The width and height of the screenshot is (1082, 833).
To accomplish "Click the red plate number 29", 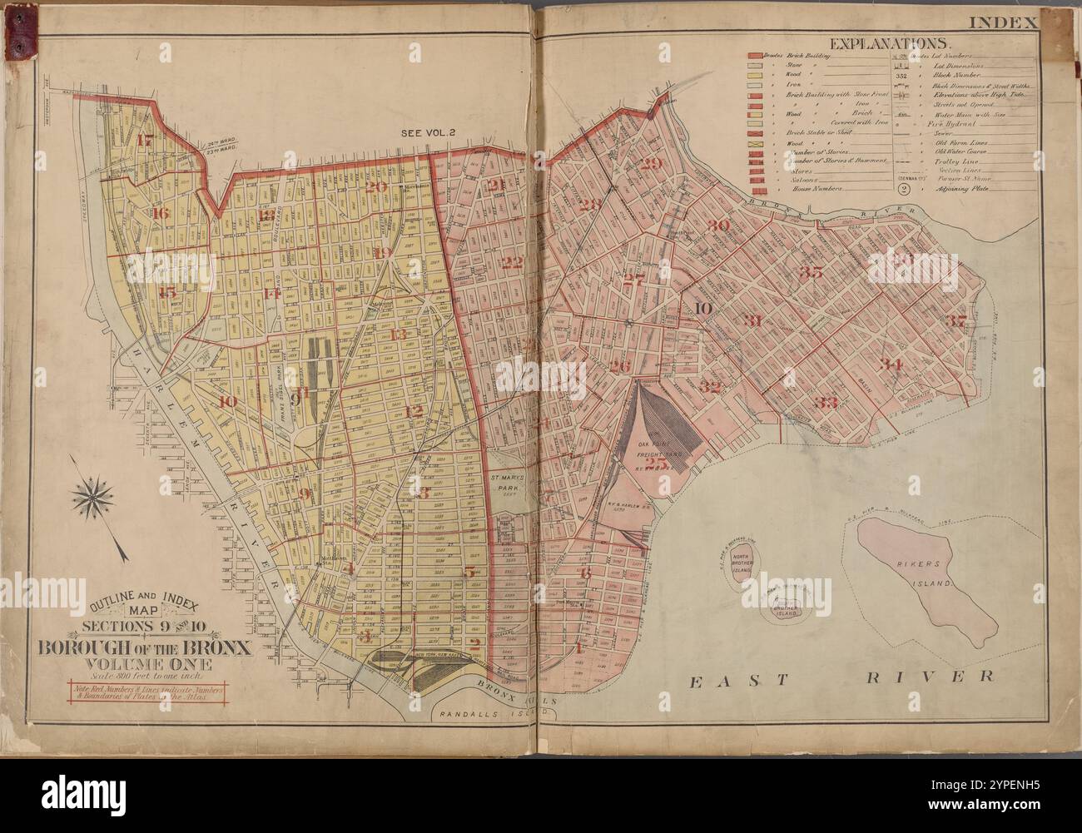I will (x=652, y=163).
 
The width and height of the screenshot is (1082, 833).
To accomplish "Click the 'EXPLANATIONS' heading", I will (x=886, y=43).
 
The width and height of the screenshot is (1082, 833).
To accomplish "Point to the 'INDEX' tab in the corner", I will (x=1010, y=21).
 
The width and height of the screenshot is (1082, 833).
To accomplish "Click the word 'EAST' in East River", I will (x=725, y=679).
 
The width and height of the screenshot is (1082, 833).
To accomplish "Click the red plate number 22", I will (x=514, y=263).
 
